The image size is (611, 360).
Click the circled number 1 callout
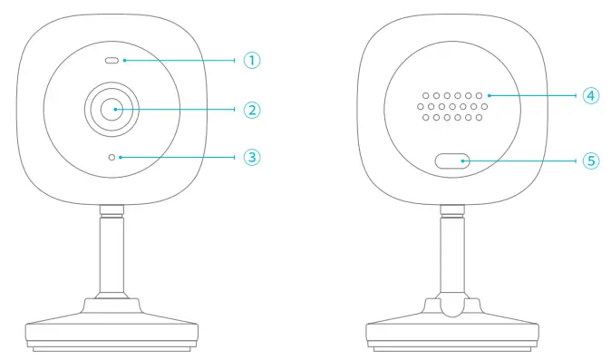tap(252, 60)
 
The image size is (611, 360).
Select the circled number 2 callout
tap(252, 110)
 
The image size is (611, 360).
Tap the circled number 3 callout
tap(252, 157)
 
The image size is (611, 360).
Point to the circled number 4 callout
tap(590, 93)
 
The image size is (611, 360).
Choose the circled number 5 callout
tap(590, 161)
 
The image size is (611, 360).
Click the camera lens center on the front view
tap(113, 110)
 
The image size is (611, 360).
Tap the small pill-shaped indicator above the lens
tap(112, 61)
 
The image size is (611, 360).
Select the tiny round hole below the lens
tap(112, 157)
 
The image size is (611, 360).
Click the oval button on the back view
tap(451, 161)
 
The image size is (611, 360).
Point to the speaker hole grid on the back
tap(451, 105)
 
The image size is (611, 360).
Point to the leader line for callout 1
tap(181, 61)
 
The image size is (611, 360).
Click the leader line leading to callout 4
tap(535, 93)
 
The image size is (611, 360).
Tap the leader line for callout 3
tap(181, 157)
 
